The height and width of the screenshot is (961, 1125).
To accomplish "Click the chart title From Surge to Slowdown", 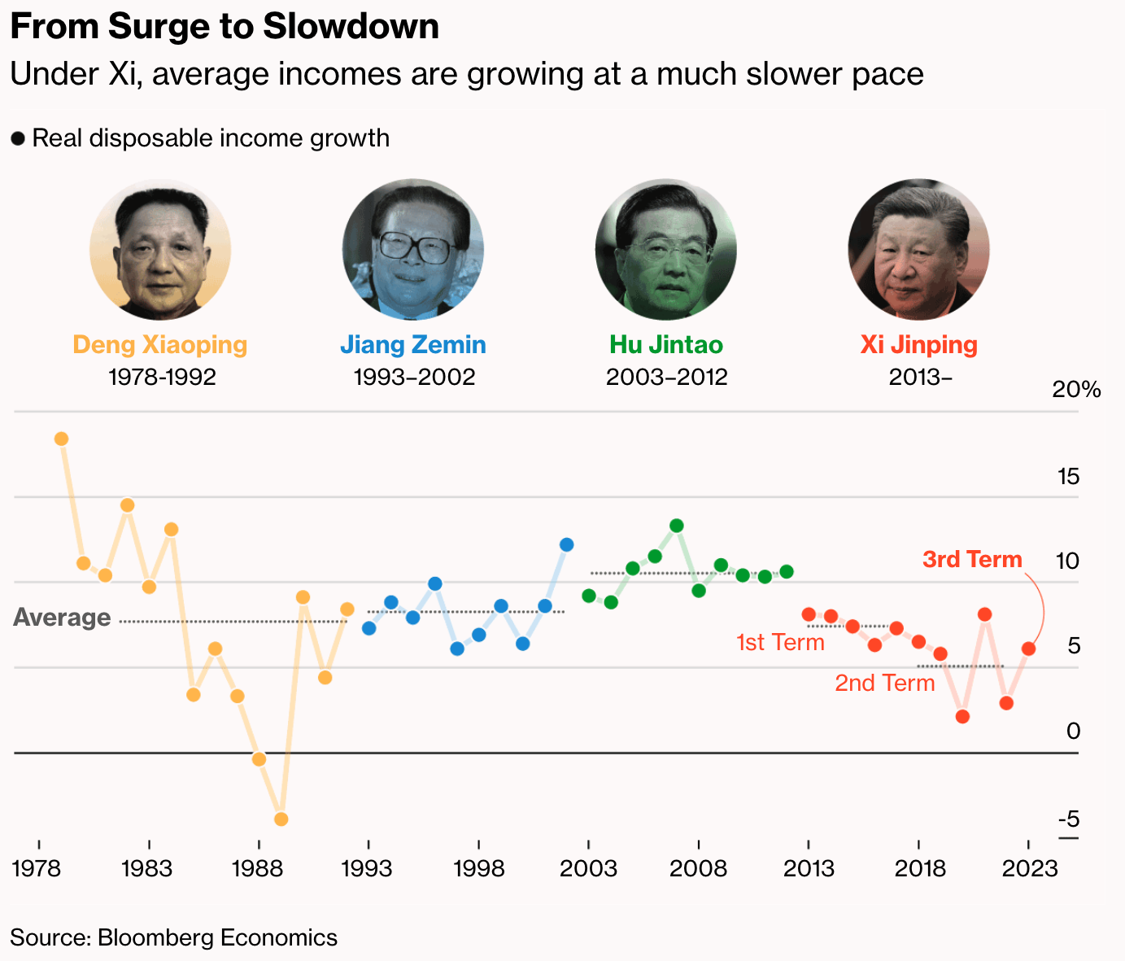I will coord(225,27).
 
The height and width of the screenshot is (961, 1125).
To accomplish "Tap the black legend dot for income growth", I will coord(18,139).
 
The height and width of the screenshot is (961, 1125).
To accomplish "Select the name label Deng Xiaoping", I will coord(160,345).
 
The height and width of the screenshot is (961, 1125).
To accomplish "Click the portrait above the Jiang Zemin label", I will coord(413,249).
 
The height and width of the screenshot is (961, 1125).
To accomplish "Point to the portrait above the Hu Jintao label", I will coord(666,249).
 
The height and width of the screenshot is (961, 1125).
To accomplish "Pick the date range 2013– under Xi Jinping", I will coord(920,378).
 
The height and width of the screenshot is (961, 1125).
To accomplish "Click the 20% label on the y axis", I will coord(1076,390).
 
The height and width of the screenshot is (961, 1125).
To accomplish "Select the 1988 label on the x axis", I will coord(258,868).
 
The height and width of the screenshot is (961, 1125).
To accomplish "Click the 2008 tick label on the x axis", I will coord(698,868).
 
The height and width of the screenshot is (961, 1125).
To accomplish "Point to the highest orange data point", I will coord(61,439).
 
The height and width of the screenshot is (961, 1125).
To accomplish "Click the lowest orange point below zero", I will coord(281,819).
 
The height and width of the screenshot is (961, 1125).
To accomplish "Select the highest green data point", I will coord(676,526).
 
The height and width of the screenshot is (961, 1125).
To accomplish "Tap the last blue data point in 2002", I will coord(566,544).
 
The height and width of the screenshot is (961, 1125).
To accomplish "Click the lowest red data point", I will coord(962,716).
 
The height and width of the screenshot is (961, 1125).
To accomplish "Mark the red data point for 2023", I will coord(1028,649).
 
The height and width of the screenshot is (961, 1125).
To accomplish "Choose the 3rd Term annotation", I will coord(972,560).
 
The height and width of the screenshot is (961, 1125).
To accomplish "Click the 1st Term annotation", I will coord(780,643).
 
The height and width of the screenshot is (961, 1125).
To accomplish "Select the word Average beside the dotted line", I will coord(62,618).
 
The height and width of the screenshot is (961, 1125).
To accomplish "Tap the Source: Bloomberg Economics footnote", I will coord(174,937).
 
